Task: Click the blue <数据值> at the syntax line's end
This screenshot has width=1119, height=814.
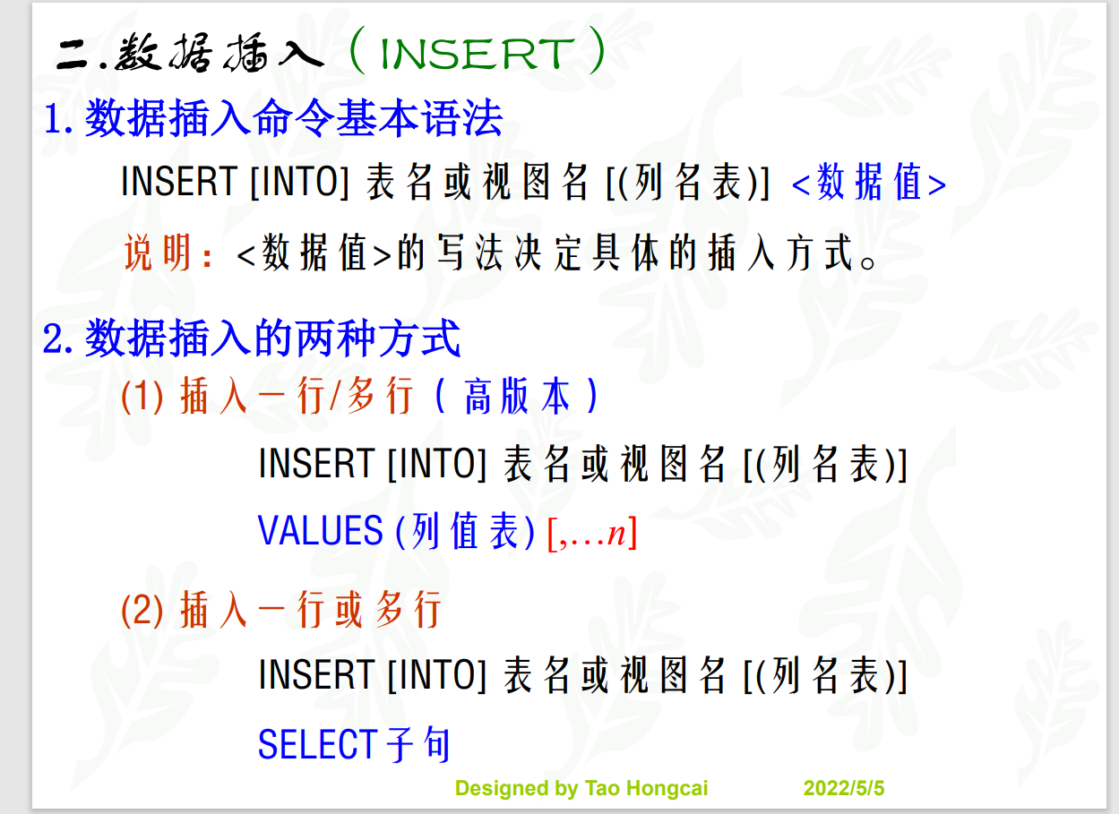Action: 869,183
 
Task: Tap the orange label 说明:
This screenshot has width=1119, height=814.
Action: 168,253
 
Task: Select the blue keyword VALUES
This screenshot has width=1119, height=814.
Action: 320,530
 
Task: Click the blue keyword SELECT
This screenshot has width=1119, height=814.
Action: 318,744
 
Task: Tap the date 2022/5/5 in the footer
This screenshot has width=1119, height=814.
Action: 844,788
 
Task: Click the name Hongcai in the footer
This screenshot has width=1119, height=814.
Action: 667,789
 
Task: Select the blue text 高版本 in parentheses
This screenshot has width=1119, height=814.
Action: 517,396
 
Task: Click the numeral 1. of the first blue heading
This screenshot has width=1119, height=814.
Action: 58,119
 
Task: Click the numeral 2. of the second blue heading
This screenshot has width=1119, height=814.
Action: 58,339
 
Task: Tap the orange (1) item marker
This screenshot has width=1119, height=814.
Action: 142,397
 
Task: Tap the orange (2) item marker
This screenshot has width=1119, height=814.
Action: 142,610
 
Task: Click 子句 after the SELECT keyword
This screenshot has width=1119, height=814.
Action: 417,744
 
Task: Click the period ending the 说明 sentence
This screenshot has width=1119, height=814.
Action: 868,262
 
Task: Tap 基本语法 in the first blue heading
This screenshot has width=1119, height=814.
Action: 418,118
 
